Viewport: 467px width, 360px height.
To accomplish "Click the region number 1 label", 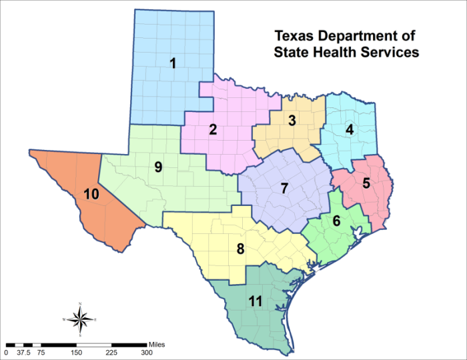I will [x=173, y=64].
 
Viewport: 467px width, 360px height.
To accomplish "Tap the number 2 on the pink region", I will [x=213, y=129].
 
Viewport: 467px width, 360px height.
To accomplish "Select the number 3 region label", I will [x=292, y=121].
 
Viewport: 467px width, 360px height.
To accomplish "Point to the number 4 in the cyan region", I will [x=348, y=129].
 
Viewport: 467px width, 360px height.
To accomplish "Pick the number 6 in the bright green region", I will [x=337, y=221].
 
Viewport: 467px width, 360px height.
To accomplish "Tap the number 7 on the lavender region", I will [x=284, y=189].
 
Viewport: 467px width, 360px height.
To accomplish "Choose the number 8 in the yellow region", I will [x=240, y=249].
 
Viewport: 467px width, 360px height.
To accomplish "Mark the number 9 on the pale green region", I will [x=159, y=167].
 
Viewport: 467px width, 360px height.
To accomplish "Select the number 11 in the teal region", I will [x=254, y=301].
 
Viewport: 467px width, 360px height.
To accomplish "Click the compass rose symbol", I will [x=80, y=319].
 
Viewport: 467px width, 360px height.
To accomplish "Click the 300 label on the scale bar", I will [x=146, y=352].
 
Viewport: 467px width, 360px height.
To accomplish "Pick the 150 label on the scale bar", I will [x=76, y=352].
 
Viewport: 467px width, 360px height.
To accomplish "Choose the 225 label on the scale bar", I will [x=111, y=352].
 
